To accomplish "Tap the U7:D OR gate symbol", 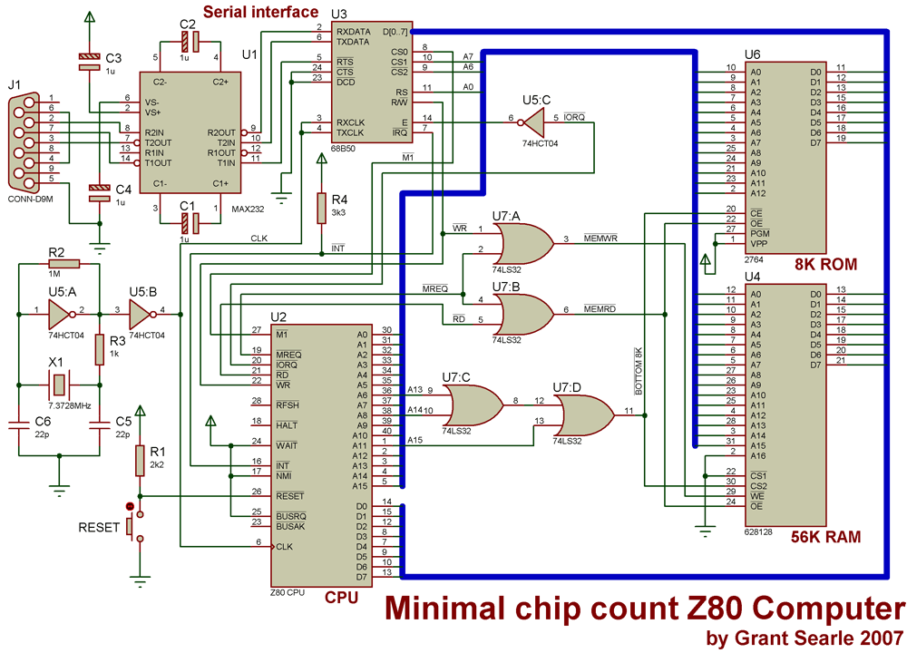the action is tap(586, 415).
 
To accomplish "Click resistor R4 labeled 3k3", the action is tap(322, 209).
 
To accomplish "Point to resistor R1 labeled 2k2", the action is tap(140, 461).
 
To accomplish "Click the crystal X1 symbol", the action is tap(58, 385).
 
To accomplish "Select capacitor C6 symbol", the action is tap(19, 424).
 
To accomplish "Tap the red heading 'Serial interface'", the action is tap(260, 12).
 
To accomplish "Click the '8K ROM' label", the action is tap(825, 264).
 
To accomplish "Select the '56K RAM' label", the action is tap(825, 537).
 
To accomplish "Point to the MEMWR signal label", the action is tap(600, 238).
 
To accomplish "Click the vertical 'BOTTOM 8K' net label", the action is tap(639, 371).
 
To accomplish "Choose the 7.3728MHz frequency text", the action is tap(70, 405).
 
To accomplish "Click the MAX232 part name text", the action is tap(248, 209).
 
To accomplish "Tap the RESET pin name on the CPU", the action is tap(290, 496).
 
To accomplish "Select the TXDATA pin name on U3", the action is tap(353, 42).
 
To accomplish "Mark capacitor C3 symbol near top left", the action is tap(89, 62).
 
